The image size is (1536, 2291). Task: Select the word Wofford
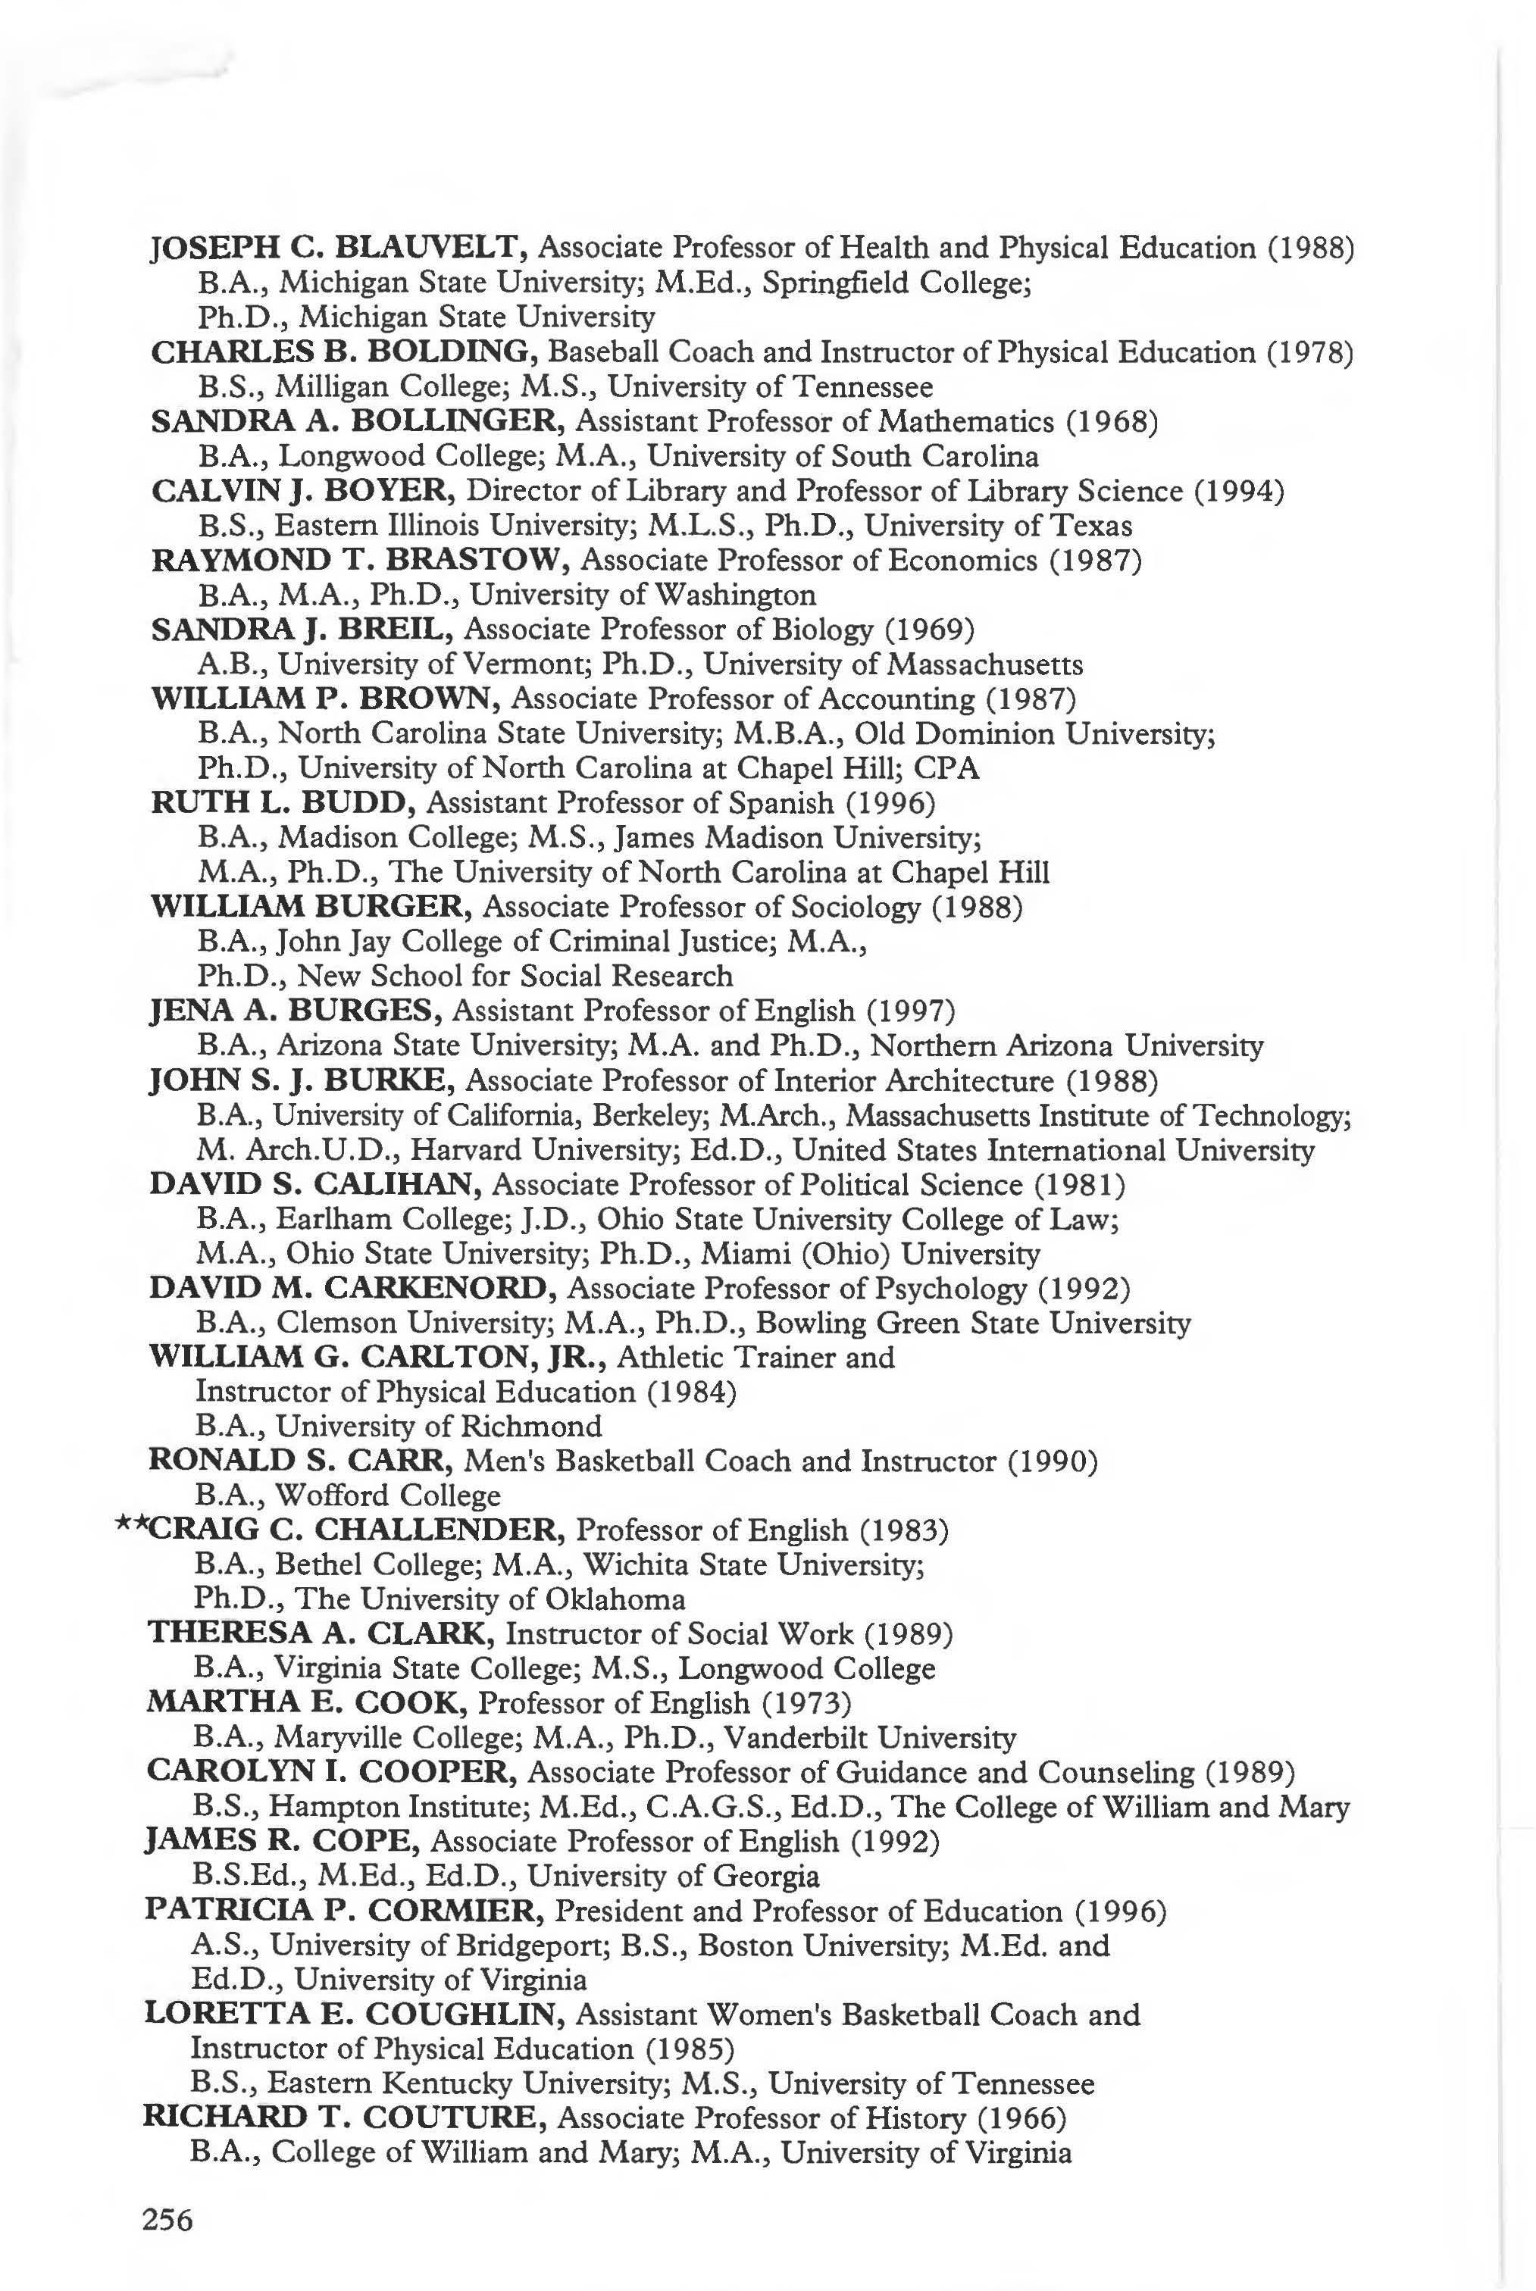[x=325, y=1496]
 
